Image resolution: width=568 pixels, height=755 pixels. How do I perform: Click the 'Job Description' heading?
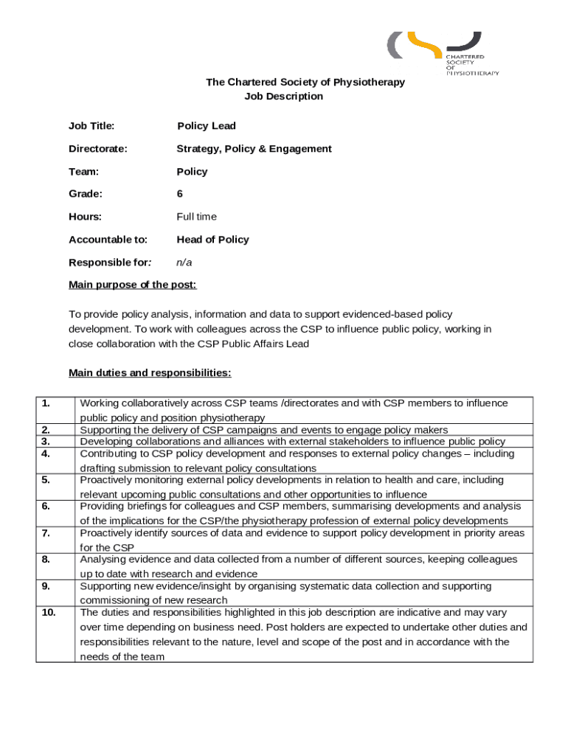(x=283, y=97)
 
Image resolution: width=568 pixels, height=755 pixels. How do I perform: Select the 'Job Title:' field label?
(x=91, y=126)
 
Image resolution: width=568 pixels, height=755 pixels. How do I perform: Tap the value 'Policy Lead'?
(x=207, y=126)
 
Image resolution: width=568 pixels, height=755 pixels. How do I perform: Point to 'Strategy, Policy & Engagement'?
(x=254, y=149)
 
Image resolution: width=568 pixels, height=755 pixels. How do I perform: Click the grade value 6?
(x=180, y=194)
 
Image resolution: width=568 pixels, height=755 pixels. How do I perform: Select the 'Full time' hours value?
(x=196, y=217)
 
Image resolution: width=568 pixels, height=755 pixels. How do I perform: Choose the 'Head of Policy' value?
(x=212, y=240)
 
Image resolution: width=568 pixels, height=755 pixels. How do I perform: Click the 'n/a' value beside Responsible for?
(x=184, y=262)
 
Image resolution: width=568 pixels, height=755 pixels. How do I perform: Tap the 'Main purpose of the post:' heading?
(x=133, y=285)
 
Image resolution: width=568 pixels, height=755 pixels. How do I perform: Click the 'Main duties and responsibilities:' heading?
(x=150, y=373)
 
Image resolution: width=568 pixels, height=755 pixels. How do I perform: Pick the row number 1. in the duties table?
(x=46, y=403)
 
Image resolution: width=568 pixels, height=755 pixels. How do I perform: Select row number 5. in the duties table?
(x=46, y=480)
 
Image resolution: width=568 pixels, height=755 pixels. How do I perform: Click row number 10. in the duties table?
(x=49, y=613)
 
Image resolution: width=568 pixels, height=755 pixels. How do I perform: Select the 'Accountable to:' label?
(x=108, y=240)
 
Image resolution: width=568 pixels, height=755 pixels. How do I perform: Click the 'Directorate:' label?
(x=97, y=149)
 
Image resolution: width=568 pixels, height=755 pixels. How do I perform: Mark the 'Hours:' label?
(x=85, y=217)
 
